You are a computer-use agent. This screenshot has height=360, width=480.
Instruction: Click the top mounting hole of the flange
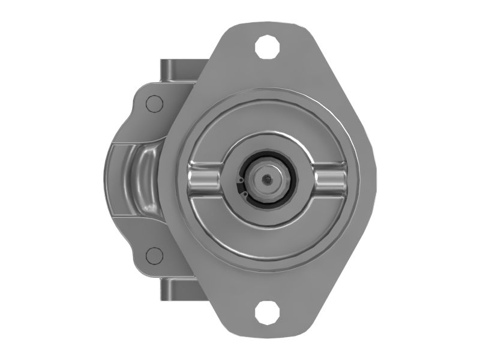[267, 46]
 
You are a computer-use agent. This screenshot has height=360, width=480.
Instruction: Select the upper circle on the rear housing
[155, 104]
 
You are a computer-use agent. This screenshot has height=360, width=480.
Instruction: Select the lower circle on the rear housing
[155, 256]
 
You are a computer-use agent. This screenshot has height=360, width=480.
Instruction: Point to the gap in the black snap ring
[239, 185]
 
